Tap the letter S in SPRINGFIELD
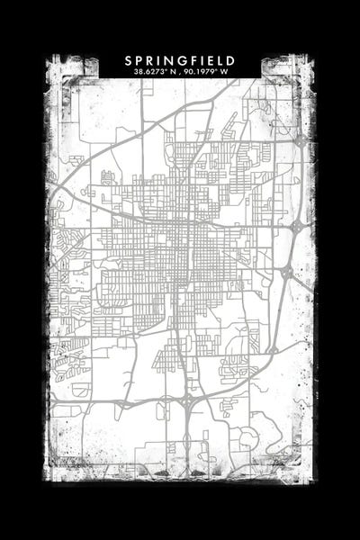point(129,60)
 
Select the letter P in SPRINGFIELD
point(139,60)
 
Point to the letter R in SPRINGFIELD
point(150,60)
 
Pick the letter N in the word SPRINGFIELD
point(168,60)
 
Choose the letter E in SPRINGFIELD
point(209,60)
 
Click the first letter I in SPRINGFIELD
point(159,60)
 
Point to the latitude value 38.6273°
point(148,71)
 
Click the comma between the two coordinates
point(180,73)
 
